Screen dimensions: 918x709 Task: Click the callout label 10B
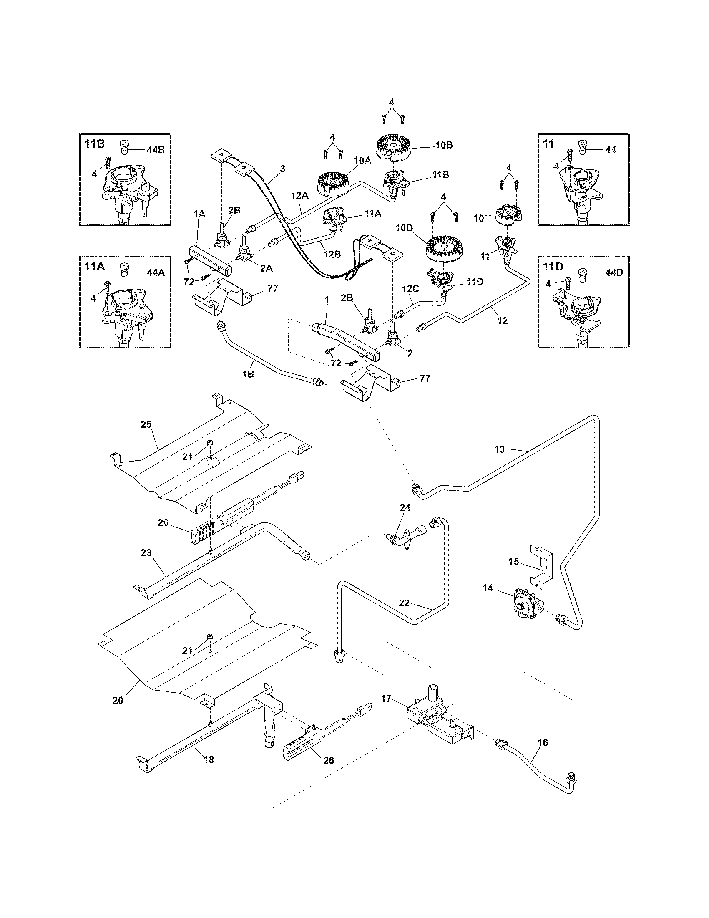point(444,145)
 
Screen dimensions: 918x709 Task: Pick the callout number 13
point(499,449)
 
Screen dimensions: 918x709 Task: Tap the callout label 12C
point(410,289)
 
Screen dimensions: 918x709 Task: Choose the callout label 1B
point(248,374)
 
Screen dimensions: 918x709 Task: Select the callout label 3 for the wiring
point(282,169)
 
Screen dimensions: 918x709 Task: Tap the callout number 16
point(543,743)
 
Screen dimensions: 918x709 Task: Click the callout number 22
point(404,603)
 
